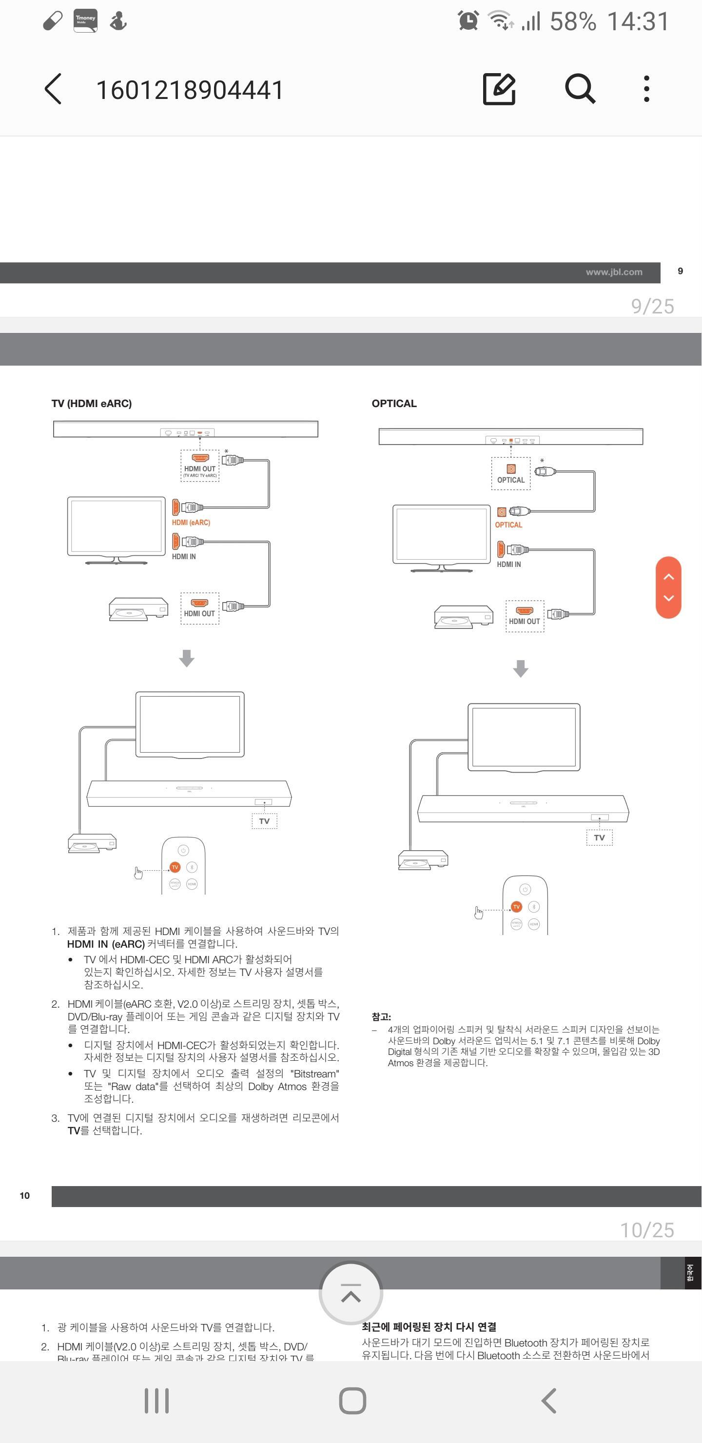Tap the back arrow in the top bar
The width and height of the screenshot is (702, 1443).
[53, 89]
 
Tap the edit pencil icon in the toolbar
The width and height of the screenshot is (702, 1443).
[499, 89]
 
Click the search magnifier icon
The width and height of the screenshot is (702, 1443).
[579, 89]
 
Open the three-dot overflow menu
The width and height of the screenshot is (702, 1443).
[646, 89]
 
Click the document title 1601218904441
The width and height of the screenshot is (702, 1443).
[190, 90]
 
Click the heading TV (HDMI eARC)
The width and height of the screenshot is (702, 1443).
[91, 403]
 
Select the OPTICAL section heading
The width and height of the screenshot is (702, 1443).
[394, 403]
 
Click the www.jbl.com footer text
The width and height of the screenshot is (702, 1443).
[614, 272]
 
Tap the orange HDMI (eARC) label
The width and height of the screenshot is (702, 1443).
[191, 523]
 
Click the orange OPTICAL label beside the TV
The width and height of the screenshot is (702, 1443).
[508, 525]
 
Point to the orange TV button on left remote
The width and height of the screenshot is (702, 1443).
[175, 867]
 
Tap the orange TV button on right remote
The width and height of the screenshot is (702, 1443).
[516, 906]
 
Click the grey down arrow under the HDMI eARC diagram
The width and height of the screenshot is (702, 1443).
[187, 658]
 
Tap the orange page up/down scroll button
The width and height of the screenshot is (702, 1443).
[668, 587]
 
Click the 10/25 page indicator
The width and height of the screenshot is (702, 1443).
[646, 1229]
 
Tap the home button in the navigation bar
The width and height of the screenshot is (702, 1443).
[352, 1401]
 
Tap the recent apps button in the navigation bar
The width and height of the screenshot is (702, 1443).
[157, 1401]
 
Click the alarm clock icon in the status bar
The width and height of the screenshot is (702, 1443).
[468, 21]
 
